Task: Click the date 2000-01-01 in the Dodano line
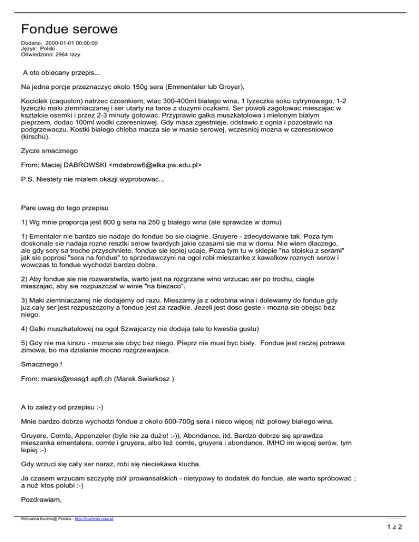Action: click(61, 43)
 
